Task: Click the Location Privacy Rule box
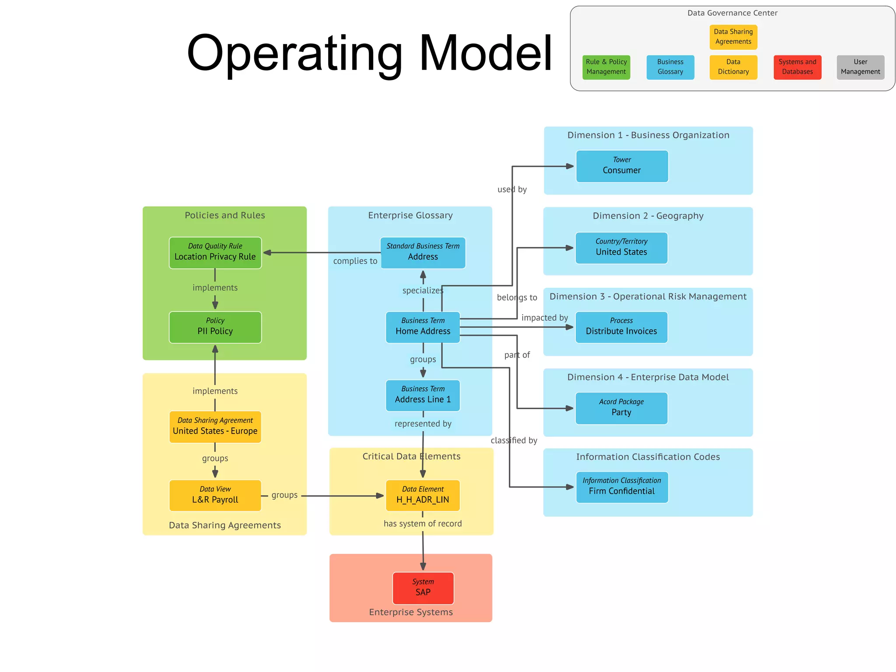(x=215, y=252)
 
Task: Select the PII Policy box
(x=215, y=327)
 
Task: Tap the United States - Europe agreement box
(x=215, y=427)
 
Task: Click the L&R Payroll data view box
(x=215, y=495)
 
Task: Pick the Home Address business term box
(x=423, y=327)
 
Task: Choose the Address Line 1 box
(x=423, y=395)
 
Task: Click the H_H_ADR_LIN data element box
(x=423, y=495)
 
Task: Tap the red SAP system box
(x=423, y=588)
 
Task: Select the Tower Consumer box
(x=622, y=166)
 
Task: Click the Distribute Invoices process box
(x=621, y=327)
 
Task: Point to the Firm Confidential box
(x=622, y=486)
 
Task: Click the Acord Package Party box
(x=621, y=408)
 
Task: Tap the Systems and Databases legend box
(x=797, y=67)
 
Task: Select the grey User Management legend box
(x=860, y=67)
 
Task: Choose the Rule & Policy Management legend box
(x=606, y=67)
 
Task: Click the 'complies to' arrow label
(x=355, y=261)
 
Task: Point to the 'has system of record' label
(x=423, y=523)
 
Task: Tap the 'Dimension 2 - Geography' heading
(x=648, y=216)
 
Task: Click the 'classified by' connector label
(x=514, y=440)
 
